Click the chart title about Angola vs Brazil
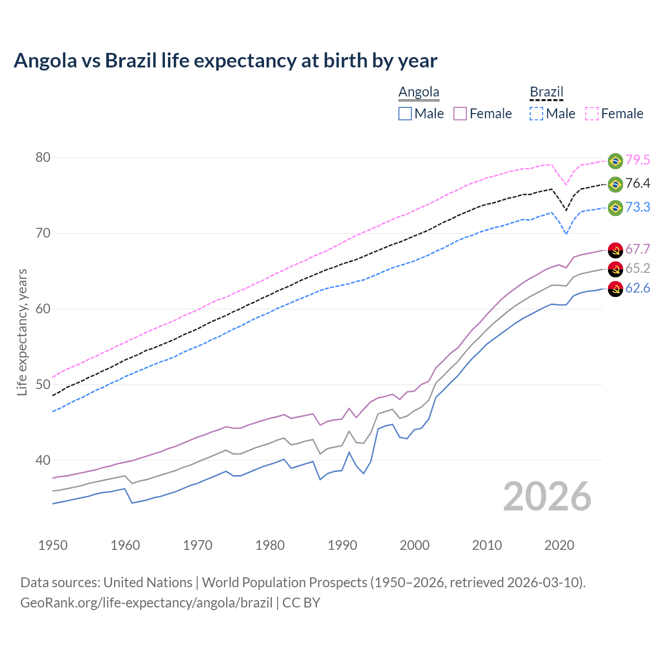click(x=225, y=61)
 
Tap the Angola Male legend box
click(x=405, y=114)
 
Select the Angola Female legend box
click(x=461, y=114)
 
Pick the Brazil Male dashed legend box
click(x=536, y=114)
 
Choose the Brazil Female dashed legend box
click(x=592, y=114)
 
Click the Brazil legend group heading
click(x=546, y=92)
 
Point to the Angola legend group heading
click(x=419, y=92)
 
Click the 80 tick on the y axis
click(x=43, y=158)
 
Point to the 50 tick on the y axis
click(x=43, y=385)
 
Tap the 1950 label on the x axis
click(x=53, y=545)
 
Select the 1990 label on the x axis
click(x=342, y=545)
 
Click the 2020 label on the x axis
click(x=559, y=545)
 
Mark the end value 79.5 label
click(x=638, y=160)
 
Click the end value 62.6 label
click(x=638, y=288)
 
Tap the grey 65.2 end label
click(x=638, y=268)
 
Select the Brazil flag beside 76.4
click(x=615, y=184)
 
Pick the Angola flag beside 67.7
click(x=615, y=250)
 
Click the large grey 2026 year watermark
click(x=547, y=497)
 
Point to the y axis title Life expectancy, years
click(x=22, y=332)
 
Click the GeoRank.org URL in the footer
click(x=146, y=603)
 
